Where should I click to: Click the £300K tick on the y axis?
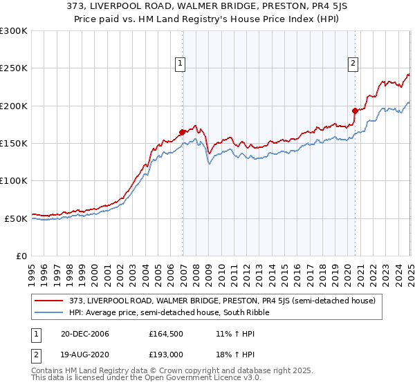[14, 31]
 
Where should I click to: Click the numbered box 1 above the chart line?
[180, 64]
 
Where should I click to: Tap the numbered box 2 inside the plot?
[353, 64]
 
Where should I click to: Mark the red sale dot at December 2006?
[183, 132]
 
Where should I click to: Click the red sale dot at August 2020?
[355, 111]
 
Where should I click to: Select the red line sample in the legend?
[50, 301]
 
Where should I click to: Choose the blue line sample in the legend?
[50, 312]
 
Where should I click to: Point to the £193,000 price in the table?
[165, 355]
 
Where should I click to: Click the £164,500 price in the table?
[165, 334]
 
